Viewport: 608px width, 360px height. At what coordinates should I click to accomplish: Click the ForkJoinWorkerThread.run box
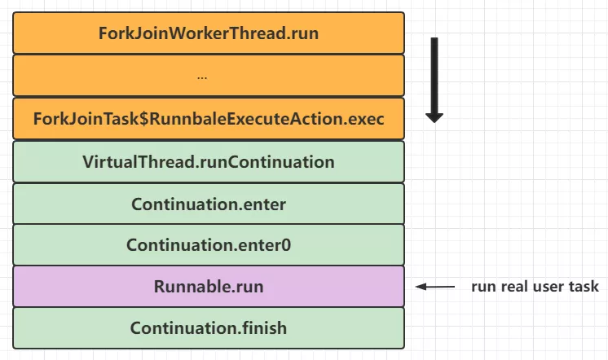209,33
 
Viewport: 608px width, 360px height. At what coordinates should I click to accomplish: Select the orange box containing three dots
209,76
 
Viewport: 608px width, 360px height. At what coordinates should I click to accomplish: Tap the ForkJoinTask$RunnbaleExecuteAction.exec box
209,119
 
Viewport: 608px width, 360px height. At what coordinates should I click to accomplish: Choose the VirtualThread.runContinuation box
209,161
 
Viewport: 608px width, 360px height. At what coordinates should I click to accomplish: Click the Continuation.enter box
209,204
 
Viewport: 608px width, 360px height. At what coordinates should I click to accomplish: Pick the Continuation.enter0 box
209,245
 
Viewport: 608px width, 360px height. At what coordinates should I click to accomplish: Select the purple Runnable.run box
209,287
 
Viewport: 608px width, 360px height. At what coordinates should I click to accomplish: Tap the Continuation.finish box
209,328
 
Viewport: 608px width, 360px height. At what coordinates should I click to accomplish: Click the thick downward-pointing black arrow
434,80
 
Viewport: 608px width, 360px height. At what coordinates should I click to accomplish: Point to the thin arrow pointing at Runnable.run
435,287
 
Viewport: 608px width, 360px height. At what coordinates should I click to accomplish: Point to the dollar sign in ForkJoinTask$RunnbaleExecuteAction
144,119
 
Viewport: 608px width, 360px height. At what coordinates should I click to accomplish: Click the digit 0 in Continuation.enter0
286,245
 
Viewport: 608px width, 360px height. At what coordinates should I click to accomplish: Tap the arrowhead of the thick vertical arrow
434,118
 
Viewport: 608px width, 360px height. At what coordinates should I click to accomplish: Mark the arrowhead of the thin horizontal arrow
421,287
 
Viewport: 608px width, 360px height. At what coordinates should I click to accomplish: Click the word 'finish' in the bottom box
264,328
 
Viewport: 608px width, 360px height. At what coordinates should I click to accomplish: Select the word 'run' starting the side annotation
483,288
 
